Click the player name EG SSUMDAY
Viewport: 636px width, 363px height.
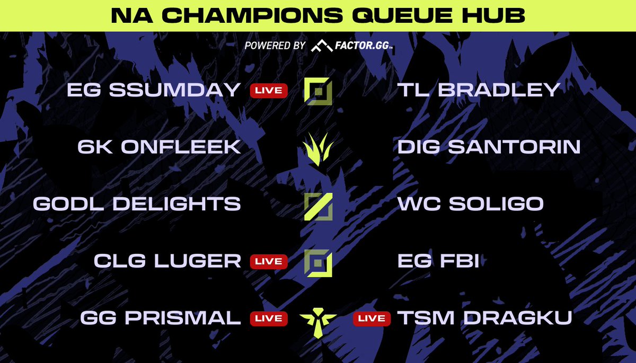[x=154, y=90]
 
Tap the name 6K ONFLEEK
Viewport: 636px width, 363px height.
[x=159, y=147]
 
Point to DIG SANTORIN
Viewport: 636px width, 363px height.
[x=489, y=147]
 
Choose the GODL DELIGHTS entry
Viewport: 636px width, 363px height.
[x=137, y=204]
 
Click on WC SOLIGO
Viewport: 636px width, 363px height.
[x=471, y=204]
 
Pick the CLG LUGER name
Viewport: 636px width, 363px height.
[x=167, y=261]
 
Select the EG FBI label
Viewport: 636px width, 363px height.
[x=438, y=261]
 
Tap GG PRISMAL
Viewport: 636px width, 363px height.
[x=161, y=318]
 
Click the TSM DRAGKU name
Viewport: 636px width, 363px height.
[x=485, y=318]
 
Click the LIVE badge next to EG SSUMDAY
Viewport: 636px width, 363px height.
[x=269, y=90]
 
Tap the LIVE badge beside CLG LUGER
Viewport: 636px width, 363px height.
[x=269, y=261]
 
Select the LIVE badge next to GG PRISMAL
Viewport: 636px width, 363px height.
[x=269, y=318]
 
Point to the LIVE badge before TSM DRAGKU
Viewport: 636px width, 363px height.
[x=372, y=318]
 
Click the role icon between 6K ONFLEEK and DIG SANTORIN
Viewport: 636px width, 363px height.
[x=318, y=148]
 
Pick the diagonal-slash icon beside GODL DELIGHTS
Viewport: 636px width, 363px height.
[x=318, y=206]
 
